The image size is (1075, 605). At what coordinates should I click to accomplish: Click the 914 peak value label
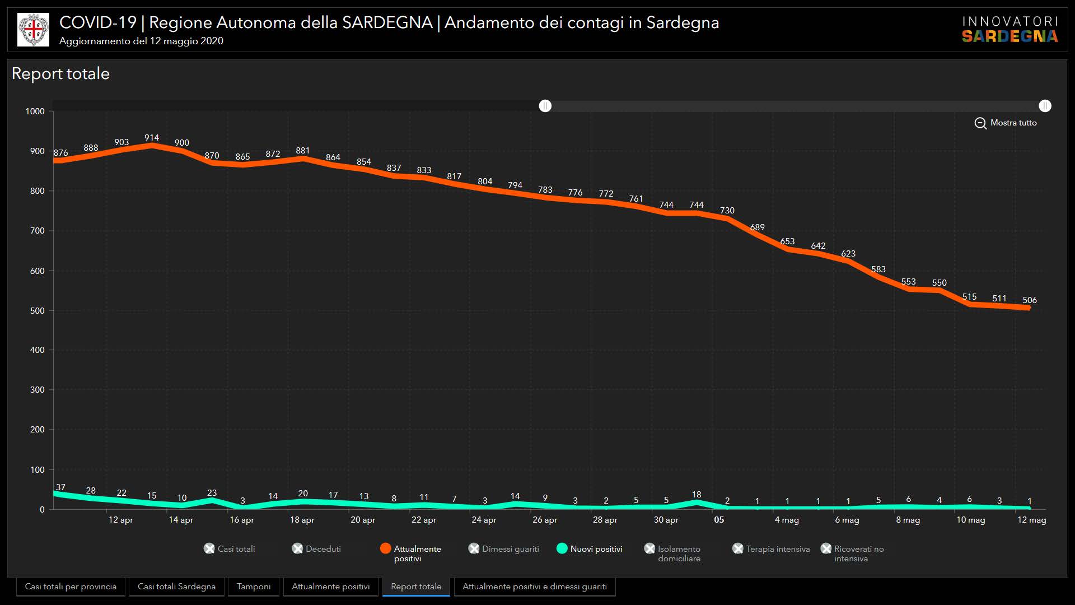coord(152,138)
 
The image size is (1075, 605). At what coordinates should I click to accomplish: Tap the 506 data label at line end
coord(1029,300)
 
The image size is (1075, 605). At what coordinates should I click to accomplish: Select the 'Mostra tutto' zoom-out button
coord(1006,123)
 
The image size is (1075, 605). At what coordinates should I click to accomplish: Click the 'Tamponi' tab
coord(254,587)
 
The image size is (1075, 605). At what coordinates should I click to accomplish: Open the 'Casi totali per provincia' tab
coord(71,587)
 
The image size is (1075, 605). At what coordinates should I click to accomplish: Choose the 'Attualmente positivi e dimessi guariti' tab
coord(534,587)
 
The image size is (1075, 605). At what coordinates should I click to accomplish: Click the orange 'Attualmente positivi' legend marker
coord(385,548)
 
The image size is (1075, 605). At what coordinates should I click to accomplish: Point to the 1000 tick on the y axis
coord(35,111)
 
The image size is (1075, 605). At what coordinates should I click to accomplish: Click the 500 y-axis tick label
coord(38,311)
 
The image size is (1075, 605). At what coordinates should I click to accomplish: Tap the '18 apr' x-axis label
coord(302,520)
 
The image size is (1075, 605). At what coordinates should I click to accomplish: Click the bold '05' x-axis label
coord(719,520)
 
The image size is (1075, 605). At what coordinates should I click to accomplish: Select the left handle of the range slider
coord(545,106)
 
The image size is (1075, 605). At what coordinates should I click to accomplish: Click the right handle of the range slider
coord(1045,106)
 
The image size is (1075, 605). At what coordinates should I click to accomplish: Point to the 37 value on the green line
coord(60,487)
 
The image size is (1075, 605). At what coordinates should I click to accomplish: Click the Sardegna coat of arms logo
coord(34,30)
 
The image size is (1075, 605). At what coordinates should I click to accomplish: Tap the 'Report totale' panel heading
coord(60,74)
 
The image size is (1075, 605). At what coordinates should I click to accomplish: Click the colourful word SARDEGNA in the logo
coord(1009,36)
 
